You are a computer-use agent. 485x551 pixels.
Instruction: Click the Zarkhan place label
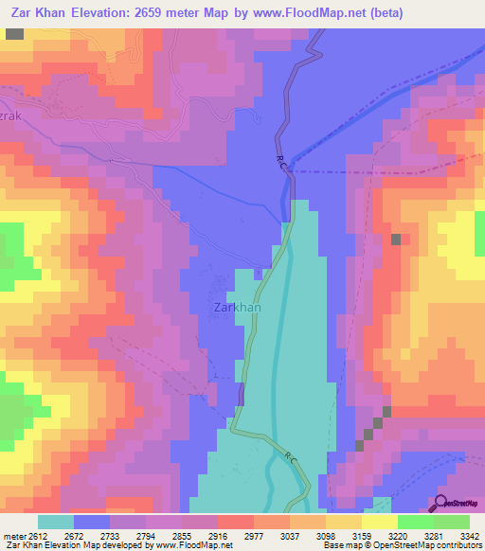point(237,308)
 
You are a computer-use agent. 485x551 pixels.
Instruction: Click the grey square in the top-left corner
point(14,33)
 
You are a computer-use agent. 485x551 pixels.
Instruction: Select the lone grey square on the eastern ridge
point(396,240)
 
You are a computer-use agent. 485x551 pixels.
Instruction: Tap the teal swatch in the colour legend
point(56,522)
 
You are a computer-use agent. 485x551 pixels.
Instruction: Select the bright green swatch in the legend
point(415,522)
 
